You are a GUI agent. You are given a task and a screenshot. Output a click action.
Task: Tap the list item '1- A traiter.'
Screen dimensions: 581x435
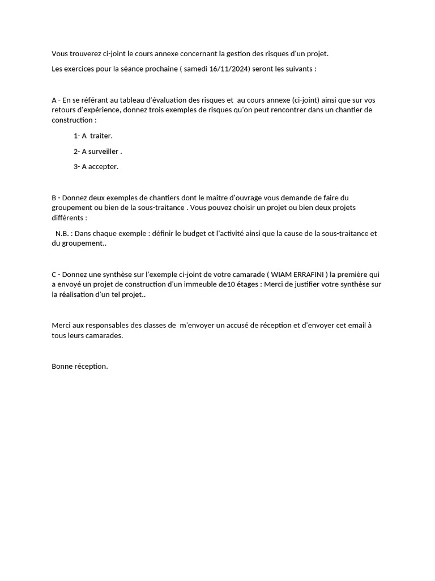click(x=93, y=136)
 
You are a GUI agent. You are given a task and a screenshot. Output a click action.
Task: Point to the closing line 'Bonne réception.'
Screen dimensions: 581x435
click(x=79, y=366)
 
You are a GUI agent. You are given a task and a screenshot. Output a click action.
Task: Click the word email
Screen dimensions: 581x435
click(x=353, y=326)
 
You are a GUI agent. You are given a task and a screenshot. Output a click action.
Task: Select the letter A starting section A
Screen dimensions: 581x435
click(x=54, y=100)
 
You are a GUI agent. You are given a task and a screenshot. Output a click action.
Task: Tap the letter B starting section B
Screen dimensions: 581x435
click(x=54, y=197)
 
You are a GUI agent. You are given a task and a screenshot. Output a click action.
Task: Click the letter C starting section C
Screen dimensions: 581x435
click(x=54, y=275)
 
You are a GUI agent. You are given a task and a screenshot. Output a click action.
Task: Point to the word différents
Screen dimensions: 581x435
click(x=68, y=218)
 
